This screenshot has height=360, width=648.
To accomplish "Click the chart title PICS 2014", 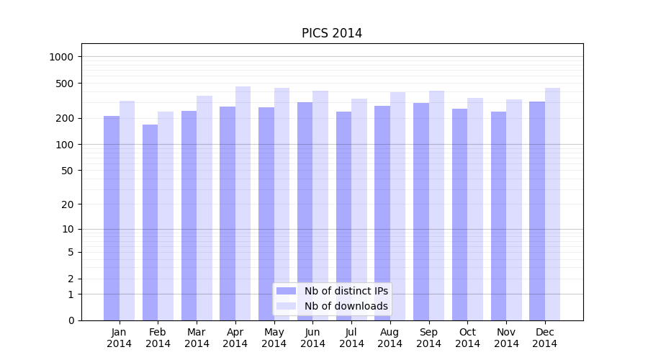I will pos(331,33).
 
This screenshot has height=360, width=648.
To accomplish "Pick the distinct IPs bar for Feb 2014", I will pos(150,222).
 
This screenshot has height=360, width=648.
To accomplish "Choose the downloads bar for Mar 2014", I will pos(204,208).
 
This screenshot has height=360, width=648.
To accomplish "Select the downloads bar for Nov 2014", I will pos(513,210).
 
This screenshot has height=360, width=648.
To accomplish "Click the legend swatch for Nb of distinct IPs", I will pos(287,291).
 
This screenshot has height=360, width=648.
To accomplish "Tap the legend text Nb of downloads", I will pos(346,306).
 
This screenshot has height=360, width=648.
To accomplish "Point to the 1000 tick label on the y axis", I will pos(63,57).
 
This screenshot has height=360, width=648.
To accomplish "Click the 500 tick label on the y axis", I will pos(65,84).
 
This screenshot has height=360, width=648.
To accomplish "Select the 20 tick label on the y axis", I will pos(68,204).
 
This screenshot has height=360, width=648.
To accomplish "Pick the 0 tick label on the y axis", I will pos(71,320).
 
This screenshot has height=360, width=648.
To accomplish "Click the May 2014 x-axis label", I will pos(274,338).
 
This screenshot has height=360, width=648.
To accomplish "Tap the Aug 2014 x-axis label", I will pos(390,338).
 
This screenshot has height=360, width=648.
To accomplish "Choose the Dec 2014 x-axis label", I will pos(544,338).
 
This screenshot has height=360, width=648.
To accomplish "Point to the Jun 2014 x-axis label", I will pos(312,338).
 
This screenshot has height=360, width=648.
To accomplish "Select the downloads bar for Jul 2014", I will pos(359,210).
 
